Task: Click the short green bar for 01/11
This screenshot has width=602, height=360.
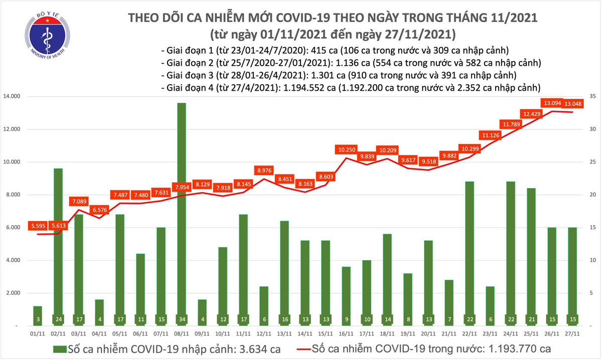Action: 37,315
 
